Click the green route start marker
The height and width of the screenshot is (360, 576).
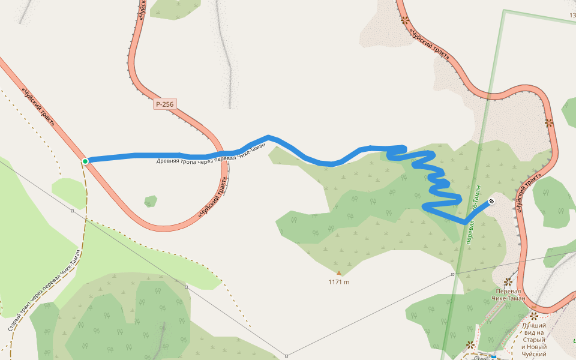pyautogui.click(x=85, y=161)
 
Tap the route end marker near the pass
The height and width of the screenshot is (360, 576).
pyautogui.click(x=491, y=202)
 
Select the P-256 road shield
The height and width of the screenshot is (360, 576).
pyautogui.click(x=164, y=104)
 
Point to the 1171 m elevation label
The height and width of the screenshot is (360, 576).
pyautogui.click(x=339, y=282)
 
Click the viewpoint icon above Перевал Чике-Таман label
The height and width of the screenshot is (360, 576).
pyautogui.click(x=508, y=281)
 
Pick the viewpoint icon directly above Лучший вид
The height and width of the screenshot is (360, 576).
pyautogui.click(x=533, y=316)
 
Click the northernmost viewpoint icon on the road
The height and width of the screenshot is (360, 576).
pyautogui.click(x=405, y=20)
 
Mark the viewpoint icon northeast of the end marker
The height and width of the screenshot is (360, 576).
pyautogui.click(x=548, y=122)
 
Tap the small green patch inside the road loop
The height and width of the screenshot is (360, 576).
pyautogui.click(x=151, y=201)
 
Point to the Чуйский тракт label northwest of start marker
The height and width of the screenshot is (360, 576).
pyautogui.click(x=38, y=108)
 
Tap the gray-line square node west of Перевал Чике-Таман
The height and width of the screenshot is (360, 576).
pyautogui.click(x=453, y=274)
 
